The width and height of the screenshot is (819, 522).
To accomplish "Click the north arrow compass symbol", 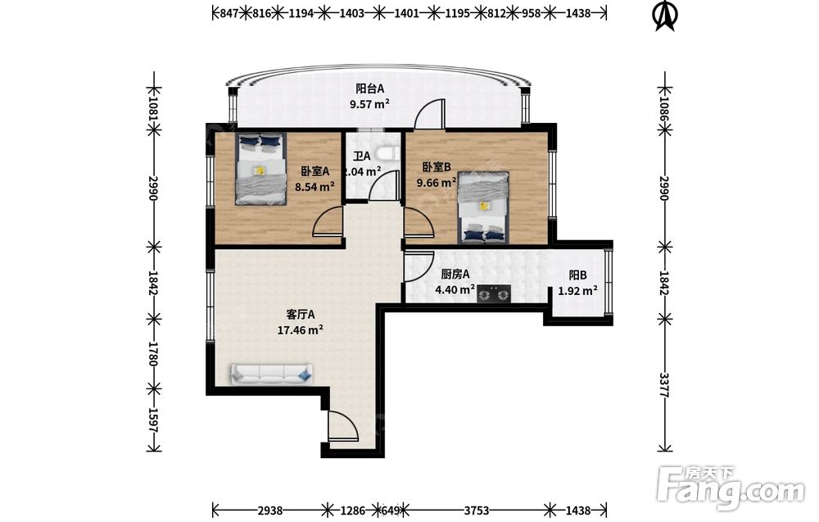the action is pos(665,16).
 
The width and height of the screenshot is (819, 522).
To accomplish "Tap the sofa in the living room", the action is pos(272,374).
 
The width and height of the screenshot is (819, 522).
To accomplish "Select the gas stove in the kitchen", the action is pos(494,294).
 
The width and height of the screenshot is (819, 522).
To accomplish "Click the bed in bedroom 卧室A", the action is pos(260,168).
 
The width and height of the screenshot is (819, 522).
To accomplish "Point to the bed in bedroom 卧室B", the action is pos(483,207).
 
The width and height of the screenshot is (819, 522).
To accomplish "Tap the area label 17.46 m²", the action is pos(300,330).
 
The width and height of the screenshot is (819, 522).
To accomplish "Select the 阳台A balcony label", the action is pos(370,89).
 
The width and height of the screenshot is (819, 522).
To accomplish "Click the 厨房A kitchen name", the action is pos(455,274).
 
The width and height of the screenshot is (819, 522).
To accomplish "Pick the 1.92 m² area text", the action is pos(577,291).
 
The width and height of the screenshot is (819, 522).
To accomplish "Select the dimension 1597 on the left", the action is pos(154,420).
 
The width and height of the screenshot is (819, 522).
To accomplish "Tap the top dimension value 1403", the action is pos(351,13).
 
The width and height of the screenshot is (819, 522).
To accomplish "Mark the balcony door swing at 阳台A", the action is pos(429,113).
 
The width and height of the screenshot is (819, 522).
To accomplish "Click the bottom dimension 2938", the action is pos(270,510).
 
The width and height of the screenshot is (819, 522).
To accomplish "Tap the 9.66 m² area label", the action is pos(437,183).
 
